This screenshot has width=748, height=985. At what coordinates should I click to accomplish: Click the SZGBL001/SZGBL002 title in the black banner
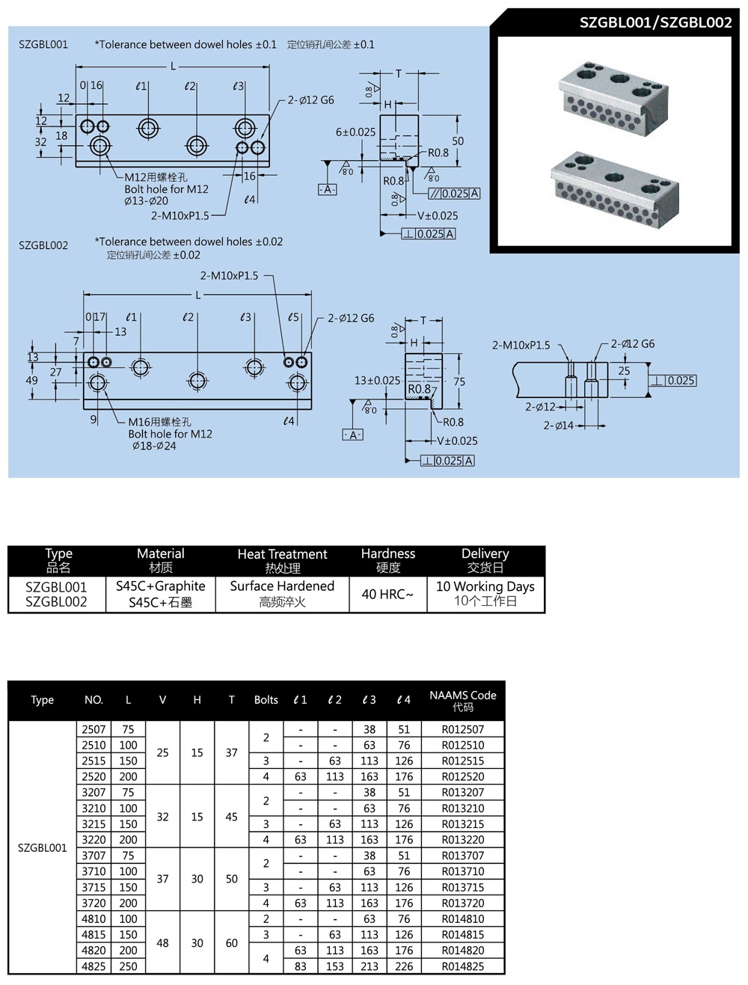click(655, 22)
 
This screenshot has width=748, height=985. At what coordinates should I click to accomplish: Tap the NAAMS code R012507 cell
click(462, 729)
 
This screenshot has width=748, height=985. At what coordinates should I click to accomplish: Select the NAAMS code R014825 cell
click(462, 966)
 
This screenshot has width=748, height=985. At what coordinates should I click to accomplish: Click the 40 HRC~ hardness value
click(387, 595)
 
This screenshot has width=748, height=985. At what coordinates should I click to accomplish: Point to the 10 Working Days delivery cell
click(485, 594)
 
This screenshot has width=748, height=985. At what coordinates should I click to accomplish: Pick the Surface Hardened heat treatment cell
click(282, 594)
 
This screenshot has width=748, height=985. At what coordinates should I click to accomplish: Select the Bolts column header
click(266, 700)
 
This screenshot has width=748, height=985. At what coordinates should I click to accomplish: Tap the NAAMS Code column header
click(462, 700)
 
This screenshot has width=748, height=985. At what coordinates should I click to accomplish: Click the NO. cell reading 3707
click(93, 856)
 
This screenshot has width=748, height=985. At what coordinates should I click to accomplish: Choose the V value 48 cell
click(162, 943)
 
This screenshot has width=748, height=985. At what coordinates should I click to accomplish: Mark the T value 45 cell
click(231, 817)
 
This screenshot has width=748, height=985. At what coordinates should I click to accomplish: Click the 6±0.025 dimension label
click(355, 132)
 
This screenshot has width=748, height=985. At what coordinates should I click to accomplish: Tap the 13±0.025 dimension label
click(377, 381)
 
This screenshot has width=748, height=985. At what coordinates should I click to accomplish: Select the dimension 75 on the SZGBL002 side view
click(459, 381)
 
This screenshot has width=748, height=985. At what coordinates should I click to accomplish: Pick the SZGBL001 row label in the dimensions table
click(42, 847)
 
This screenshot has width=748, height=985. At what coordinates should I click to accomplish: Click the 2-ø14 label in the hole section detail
click(558, 426)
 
